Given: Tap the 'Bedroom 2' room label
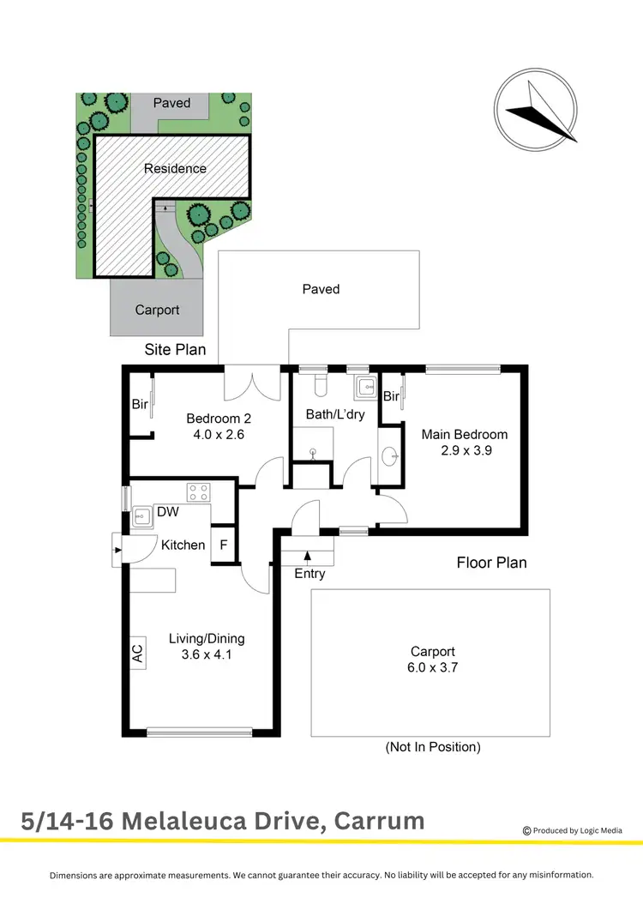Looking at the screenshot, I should point(219,419).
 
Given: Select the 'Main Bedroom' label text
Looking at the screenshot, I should point(465,434).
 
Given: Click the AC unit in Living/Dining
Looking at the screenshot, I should point(137,654).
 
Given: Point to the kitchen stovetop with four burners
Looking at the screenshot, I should point(199,492).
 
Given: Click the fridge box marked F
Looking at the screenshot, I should point(224,545).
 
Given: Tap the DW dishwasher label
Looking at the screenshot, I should point(167,513).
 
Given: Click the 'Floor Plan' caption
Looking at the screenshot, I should point(490,563).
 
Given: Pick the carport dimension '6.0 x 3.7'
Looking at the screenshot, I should point(432,667).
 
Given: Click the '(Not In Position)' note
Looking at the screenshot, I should point(433,747).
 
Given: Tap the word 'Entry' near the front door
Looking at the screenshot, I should point(309,573).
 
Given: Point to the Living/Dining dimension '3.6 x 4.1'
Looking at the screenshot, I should point(206,654).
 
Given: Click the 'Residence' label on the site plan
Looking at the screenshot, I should point(175,168).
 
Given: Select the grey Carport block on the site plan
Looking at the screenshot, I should point(157,309).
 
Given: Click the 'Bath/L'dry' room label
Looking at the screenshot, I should point(335,414).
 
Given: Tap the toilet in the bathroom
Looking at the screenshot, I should point(321,385).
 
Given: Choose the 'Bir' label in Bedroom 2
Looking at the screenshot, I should point(139,404).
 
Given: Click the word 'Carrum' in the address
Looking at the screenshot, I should point(378,821).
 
